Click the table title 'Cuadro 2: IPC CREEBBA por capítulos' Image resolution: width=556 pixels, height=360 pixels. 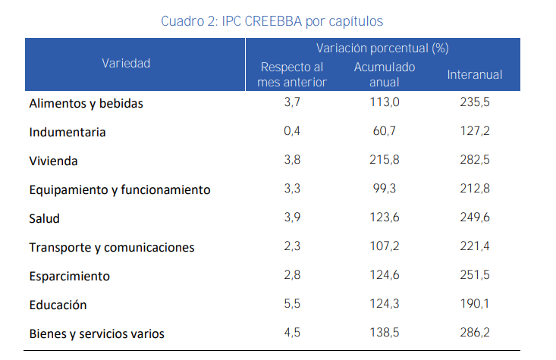[277, 20]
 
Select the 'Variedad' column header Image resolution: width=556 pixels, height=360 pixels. [126, 64]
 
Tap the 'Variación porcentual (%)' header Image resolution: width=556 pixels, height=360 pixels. [382, 48]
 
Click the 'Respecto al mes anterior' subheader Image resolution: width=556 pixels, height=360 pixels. [292, 74]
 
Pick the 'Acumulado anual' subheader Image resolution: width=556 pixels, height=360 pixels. [385, 74]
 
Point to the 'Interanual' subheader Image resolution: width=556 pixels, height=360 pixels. [475, 74]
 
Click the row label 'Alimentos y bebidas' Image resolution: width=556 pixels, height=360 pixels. [86, 103]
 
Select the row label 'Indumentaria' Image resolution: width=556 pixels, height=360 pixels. [68, 132]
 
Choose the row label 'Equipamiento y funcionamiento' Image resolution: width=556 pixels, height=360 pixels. [120, 189]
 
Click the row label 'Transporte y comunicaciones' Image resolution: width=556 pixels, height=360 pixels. [112, 247]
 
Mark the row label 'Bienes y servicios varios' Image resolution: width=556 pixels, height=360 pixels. [97, 333]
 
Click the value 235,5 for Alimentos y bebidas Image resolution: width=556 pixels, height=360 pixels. [475, 102]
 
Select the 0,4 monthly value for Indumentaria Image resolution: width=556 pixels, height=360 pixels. [292, 131]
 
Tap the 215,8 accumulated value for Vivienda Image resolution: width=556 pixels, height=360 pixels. [385, 160]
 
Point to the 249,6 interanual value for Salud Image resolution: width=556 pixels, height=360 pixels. [475, 218]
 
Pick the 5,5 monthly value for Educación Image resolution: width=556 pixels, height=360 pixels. [292, 304]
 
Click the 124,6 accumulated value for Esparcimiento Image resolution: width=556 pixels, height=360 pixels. [385, 275]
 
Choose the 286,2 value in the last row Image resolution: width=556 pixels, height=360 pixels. [475, 333]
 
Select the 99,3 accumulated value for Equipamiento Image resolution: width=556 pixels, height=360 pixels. [385, 189]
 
